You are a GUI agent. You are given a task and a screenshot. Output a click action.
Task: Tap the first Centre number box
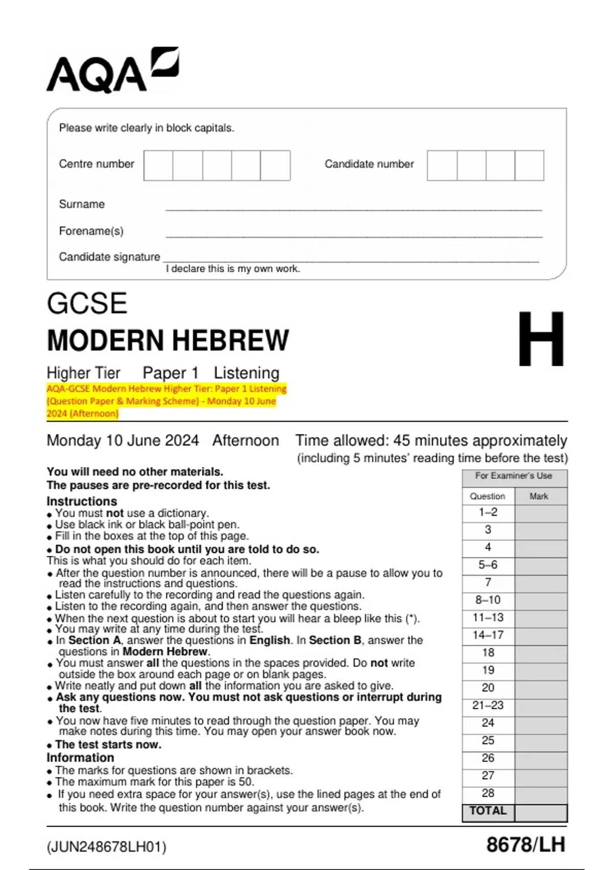pyautogui.click(x=158, y=165)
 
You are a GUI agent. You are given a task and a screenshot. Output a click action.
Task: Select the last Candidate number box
pyautogui.click(x=529, y=165)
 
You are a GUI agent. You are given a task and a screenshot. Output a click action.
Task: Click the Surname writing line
pyautogui.click(x=353, y=207)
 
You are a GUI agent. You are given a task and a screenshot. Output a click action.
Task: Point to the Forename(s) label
pyautogui.click(x=91, y=231)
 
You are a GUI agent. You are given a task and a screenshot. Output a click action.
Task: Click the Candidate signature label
pyautogui.click(x=109, y=256)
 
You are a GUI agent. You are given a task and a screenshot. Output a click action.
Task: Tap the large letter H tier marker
pyautogui.click(x=541, y=339)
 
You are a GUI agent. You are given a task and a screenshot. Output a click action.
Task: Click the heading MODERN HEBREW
pyautogui.click(x=168, y=340)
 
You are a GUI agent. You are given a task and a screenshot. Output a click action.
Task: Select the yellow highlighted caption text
pyautogui.click(x=166, y=401)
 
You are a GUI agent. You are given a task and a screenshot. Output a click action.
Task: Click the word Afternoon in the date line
pyautogui.click(x=246, y=440)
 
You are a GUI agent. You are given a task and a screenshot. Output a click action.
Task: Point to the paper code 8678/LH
pyautogui.click(x=525, y=844)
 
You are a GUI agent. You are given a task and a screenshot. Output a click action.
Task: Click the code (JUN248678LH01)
pyautogui.click(x=106, y=847)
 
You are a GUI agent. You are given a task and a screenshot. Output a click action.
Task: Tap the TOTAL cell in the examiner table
pyautogui.click(x=488, y=811)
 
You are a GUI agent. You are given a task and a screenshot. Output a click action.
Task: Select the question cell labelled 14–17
pyautogui.click(x=488, y=635)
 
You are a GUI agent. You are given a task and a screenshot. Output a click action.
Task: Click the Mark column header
pyautogui.click(x=539, y=496)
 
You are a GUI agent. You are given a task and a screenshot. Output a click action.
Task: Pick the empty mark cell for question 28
pyautogui.click(x=541, y=793)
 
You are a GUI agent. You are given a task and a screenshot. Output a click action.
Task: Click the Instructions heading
pyautogui.click(x=82, y=501)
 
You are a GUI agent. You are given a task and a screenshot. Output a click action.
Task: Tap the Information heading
pyautogui.click(x=80, y=757)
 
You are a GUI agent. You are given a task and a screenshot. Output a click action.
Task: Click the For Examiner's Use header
pyautogui.click(x=514, y=475)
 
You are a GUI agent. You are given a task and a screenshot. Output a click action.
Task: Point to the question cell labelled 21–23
pyautogui.click(x=488, y=705)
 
